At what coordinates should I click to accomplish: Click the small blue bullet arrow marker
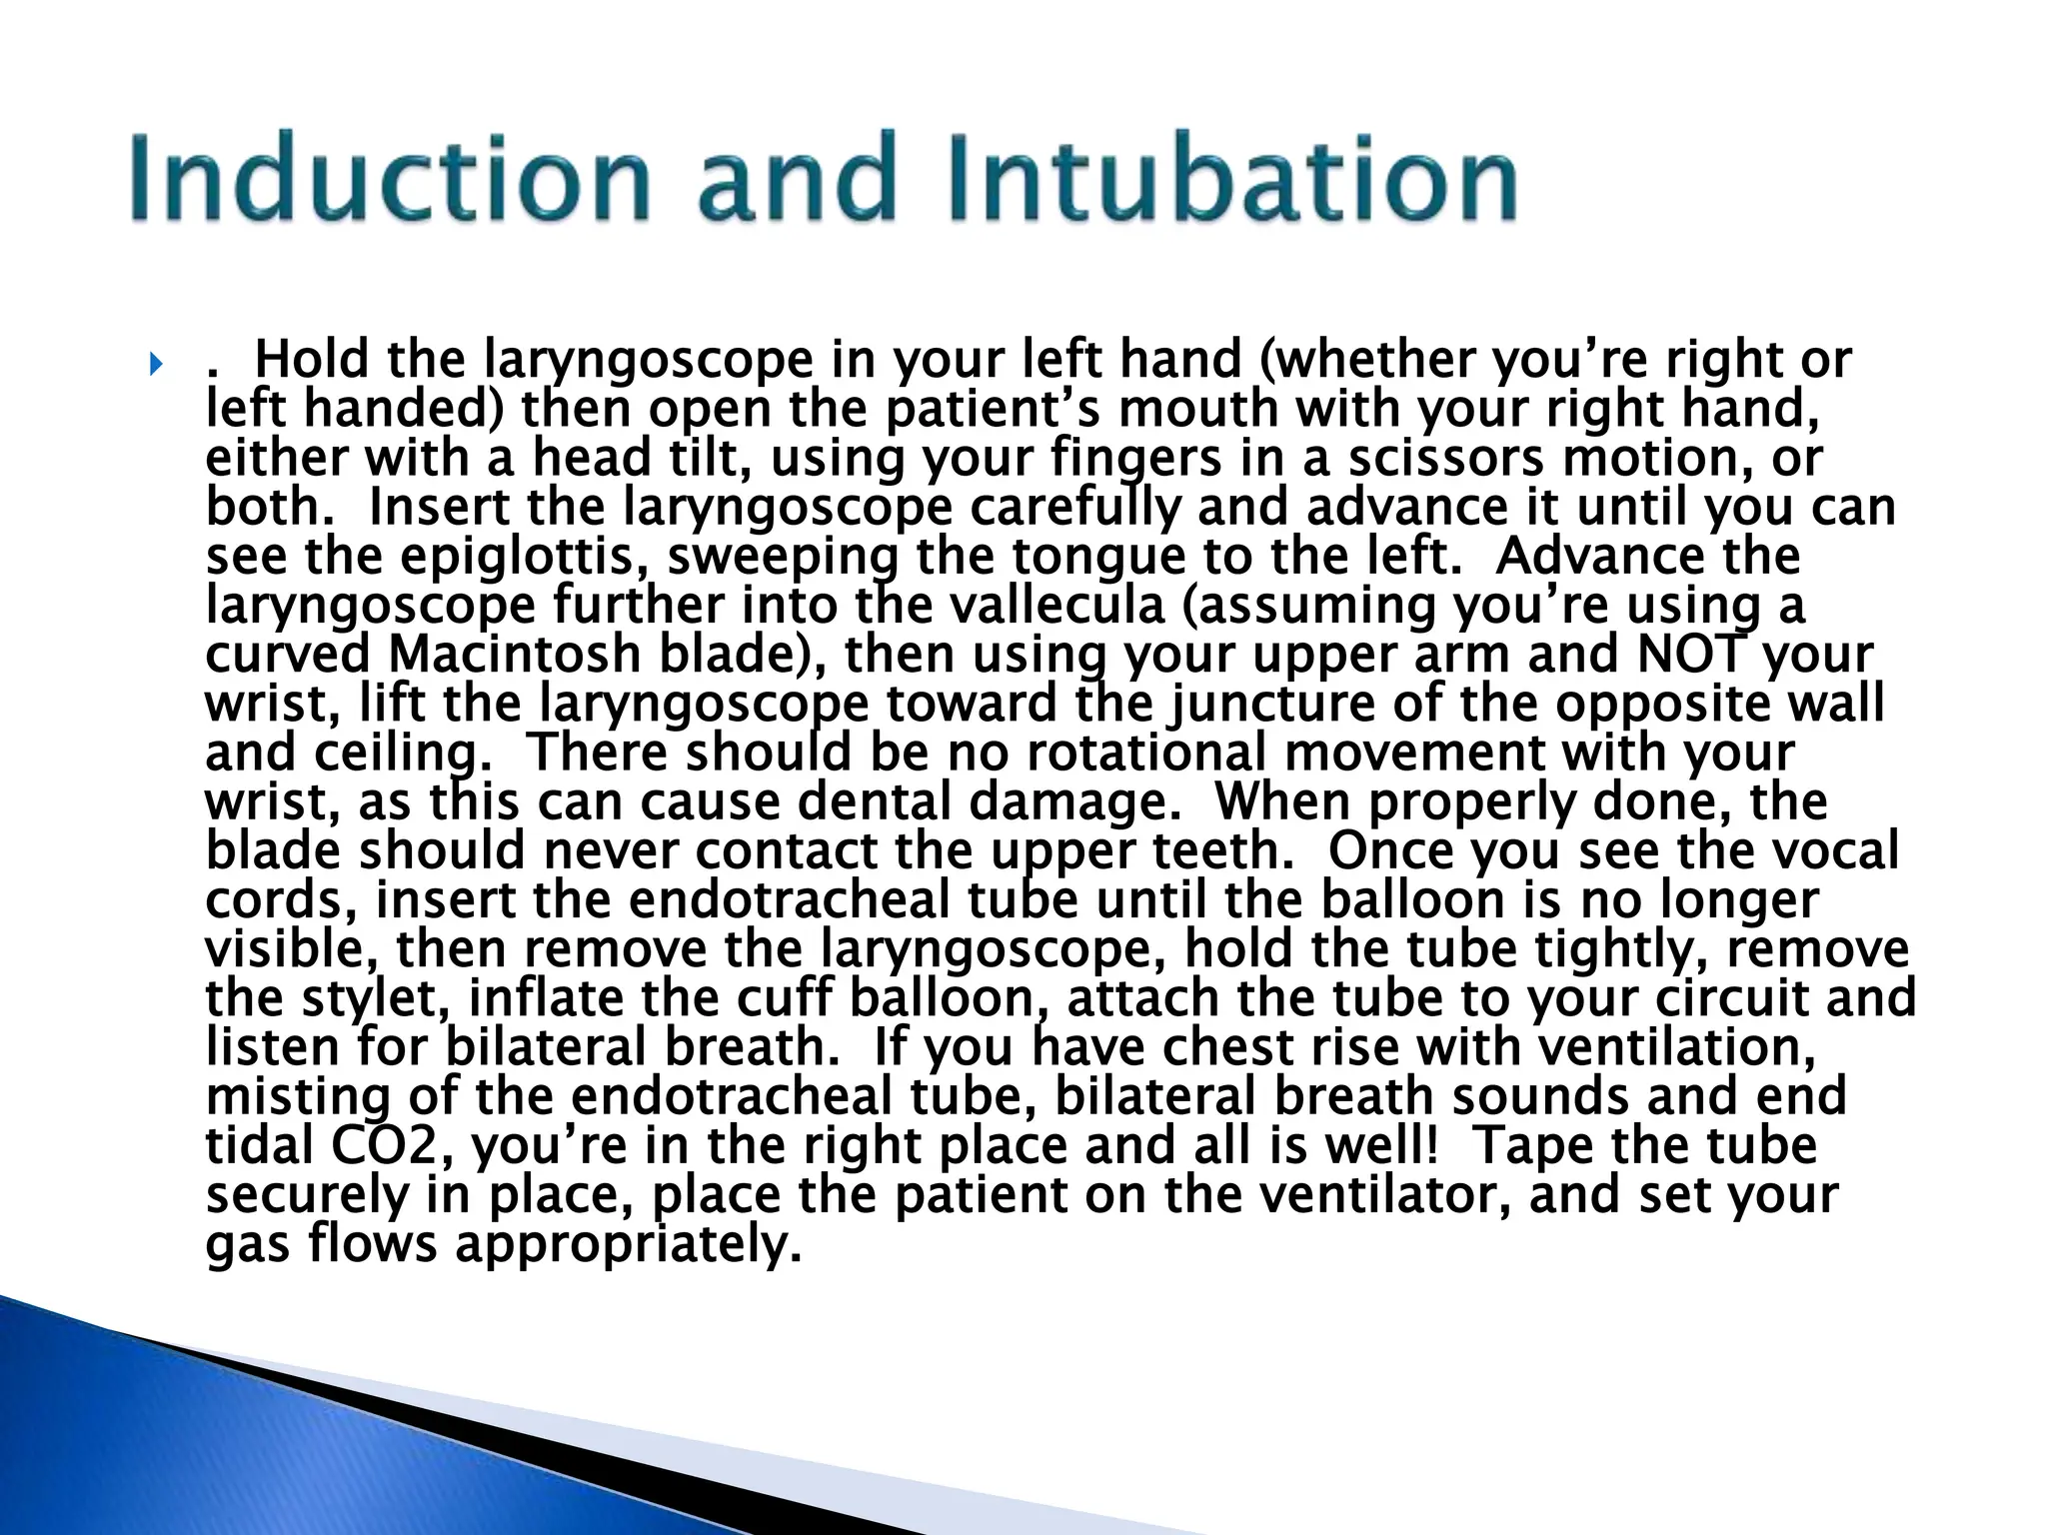pyautogui.click(x=155, y=364)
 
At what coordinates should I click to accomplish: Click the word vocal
pyautogui.click(x=1839, y=851)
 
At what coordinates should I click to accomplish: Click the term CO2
pyautogui.click(x=381, y=1146)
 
